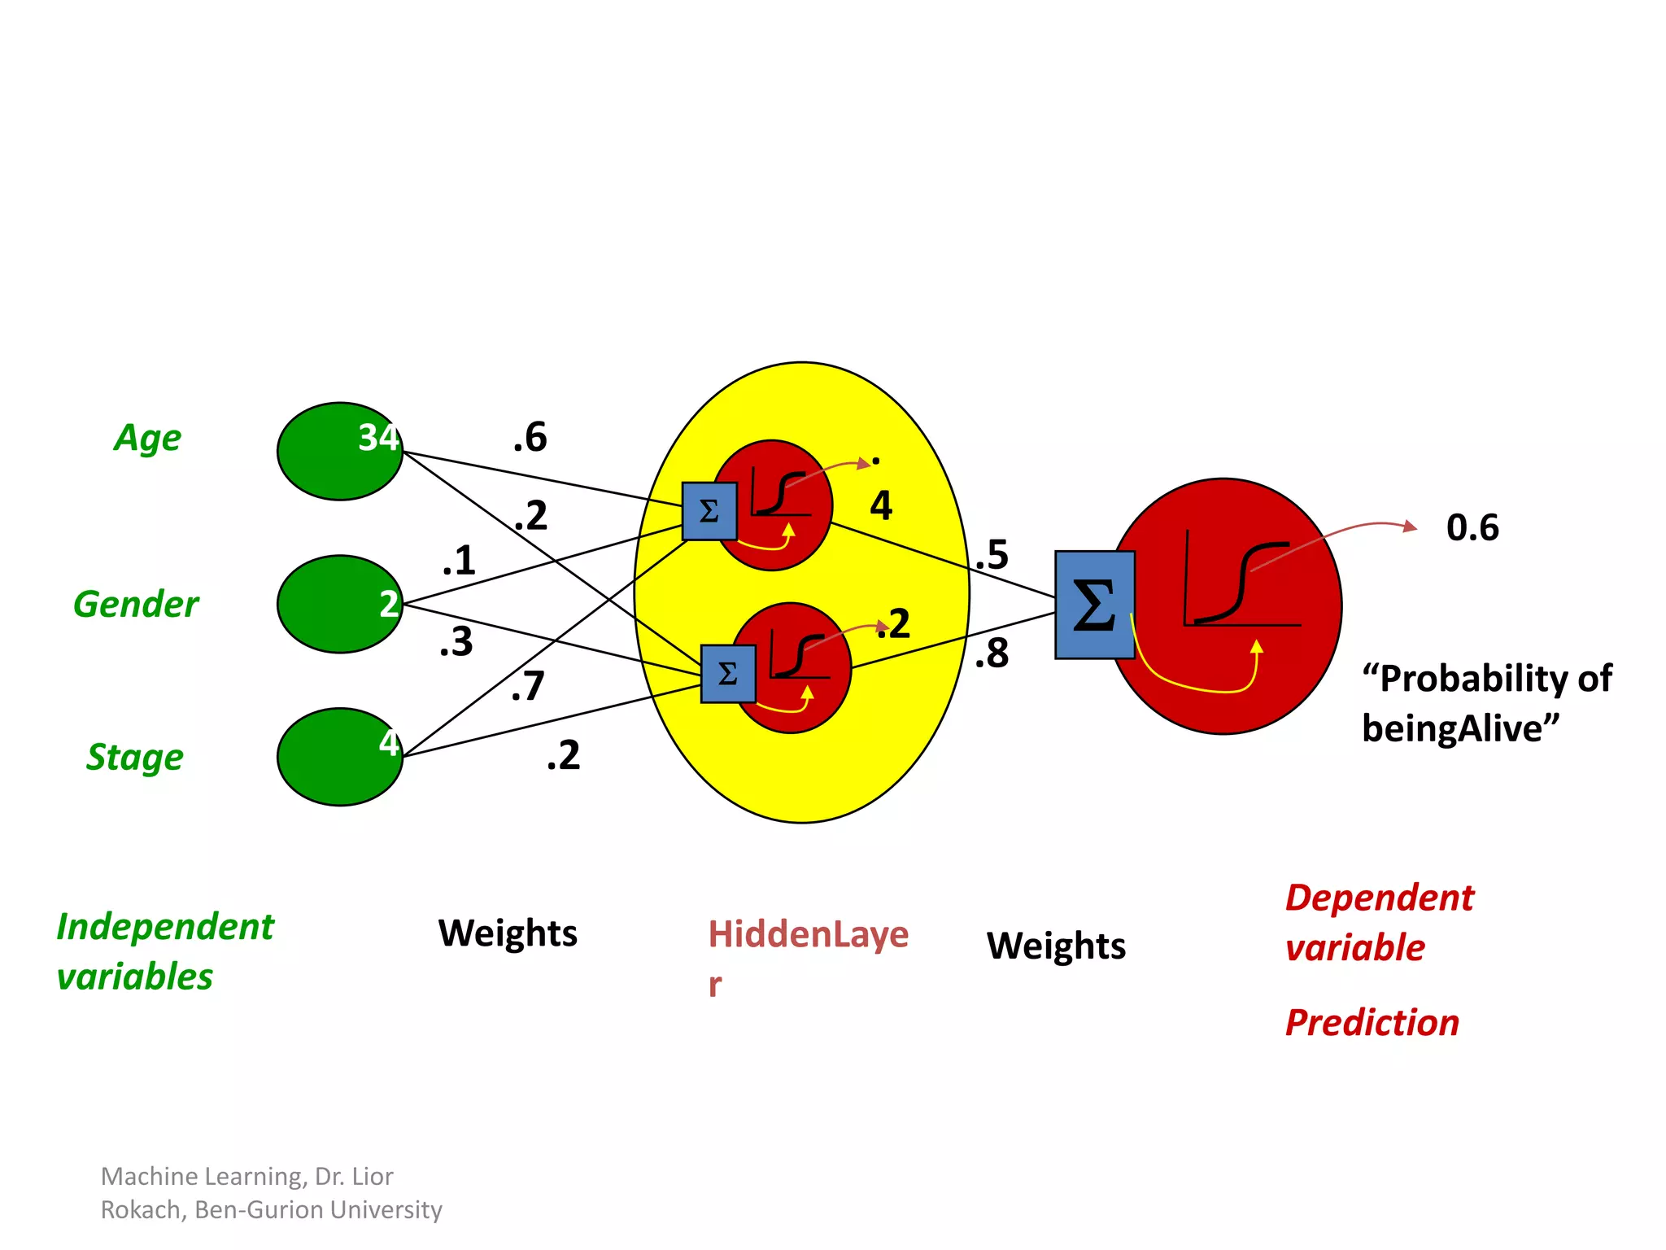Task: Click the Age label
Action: (147, 439)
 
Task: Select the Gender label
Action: (136, 605)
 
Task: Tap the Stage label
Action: (135, 757)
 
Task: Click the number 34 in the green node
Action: (378, 438)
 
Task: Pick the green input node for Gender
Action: (339, 604)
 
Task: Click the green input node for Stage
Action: (339, 757)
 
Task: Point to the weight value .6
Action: (530, 438)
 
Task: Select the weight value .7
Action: (528, 686)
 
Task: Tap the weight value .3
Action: (456, 642)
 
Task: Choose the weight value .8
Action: (992, 653)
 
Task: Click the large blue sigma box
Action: (1094, 605)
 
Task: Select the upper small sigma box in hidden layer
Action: (709, 511)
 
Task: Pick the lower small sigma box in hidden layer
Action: (728, 674)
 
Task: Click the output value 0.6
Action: (1472, 527)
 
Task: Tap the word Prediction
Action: (1372, 1023)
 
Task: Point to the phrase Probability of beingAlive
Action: (1486, 703)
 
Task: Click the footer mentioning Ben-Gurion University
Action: (271, 1193)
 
